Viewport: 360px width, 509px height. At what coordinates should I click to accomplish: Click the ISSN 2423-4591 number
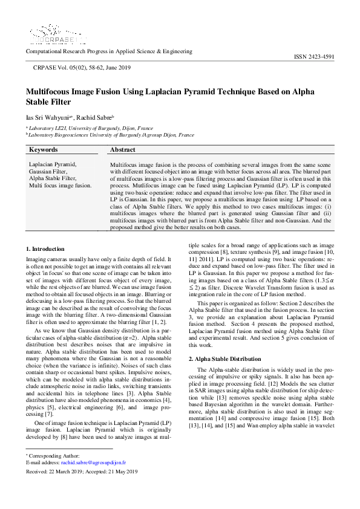pyautogui.click(x=314, y=56)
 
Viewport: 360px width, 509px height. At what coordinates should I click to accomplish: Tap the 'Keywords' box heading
pyautogui.click(x=44, y=149)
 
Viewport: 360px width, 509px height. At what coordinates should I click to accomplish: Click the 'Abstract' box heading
pyautogui.click(x=123, y=149)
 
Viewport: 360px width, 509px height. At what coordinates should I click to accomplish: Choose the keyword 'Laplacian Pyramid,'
pyautogui.click(x=53, y=164)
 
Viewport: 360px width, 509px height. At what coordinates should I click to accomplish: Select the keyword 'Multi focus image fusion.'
pyautogui.click(x=61, y=186)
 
